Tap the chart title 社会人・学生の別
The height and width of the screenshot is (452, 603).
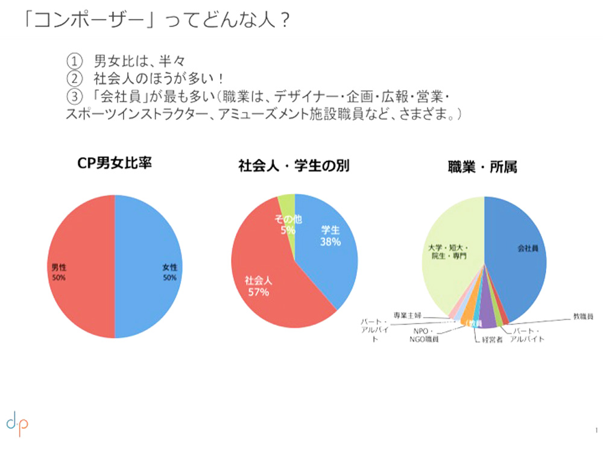tap(294, 167)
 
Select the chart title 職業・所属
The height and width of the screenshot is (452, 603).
tap(482, 167)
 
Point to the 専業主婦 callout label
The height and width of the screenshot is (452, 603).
tap(408, 315)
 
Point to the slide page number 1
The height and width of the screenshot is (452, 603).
tap(595, 429)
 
